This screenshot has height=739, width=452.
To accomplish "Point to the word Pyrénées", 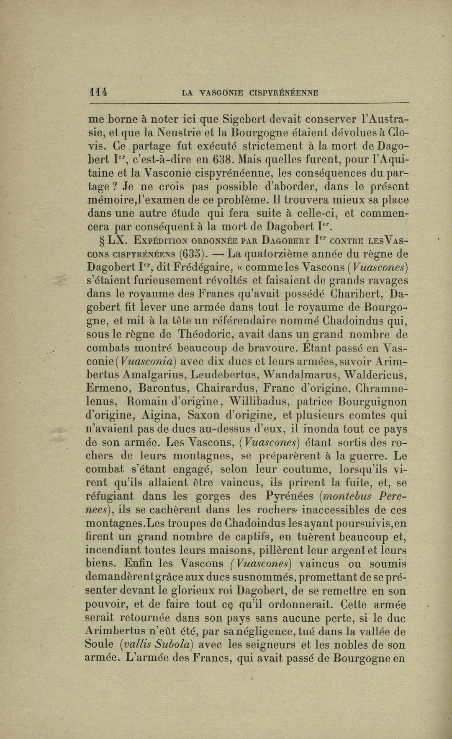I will pyautogui.click(x=289, y=496).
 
